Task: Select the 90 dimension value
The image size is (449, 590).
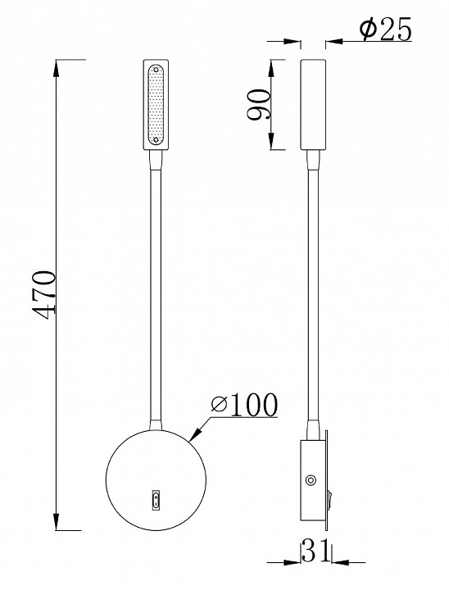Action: [x=261, y=105]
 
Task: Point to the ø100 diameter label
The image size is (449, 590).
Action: [x=243, y=404]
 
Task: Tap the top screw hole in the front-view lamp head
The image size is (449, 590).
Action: [x=156, y=70]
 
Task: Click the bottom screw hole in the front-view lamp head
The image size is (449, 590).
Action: [x=156, y=141]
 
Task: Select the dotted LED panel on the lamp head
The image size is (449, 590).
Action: [x=156, y=105]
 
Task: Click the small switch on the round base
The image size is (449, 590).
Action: [x=156, y=498]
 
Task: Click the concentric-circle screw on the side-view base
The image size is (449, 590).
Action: [x=311, y=480]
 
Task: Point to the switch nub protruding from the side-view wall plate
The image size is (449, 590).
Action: [x=330, y=496]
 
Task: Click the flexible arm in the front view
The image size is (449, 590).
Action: [x=156, y=287]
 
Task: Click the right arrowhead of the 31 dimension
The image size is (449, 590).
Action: [x=333, y=561]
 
